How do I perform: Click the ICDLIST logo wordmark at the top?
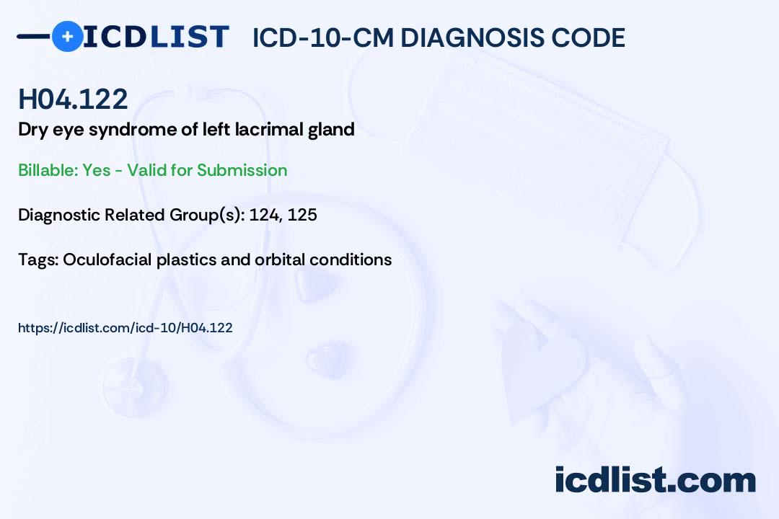pyautogui.click(x=156, y=36)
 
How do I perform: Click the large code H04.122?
pyautogui.click(x=73, y=99)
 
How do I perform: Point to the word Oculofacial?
pyautogui.click(x=107, y=259)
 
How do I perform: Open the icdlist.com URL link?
pyautogui.click(x=126, y=328)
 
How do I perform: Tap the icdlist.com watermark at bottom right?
pyautogui.click(x=655, y=479)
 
